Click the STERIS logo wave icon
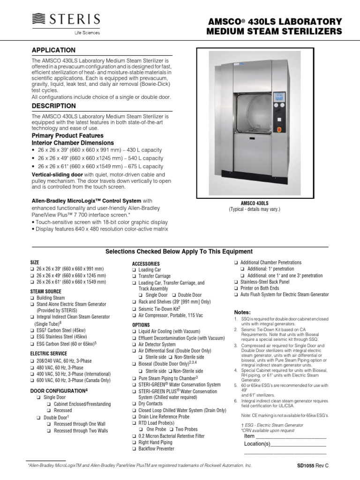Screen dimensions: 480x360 tap(40, 19)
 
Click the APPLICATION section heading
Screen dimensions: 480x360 tap(53, 50)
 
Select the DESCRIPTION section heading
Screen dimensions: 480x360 tap(53, 106)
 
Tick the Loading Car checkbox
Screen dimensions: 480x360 tap(134, 270)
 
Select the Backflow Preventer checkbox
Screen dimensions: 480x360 tap(134, 449)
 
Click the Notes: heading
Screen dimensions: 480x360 tap(242, 312)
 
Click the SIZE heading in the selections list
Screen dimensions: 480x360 tap(35, 262)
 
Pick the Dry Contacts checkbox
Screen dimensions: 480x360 tap(134, 404)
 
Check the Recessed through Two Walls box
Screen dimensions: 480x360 tap(49, 431)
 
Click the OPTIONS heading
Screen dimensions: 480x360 tap(141, 324)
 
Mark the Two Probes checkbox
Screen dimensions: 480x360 tap(172, 429)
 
